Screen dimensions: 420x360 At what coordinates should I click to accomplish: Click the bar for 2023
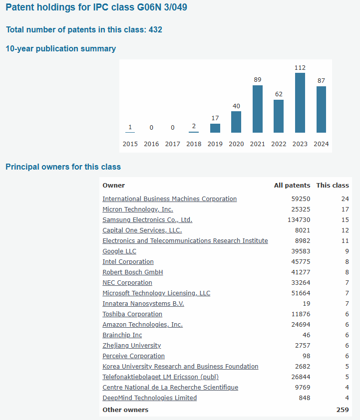point(300,103)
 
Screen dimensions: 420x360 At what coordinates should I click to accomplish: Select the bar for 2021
point(258,109)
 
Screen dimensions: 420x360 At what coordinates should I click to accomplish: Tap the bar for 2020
point(236,122)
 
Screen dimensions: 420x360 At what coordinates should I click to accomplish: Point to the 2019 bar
point(215,128)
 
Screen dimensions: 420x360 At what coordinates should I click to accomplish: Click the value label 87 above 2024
point(321,80)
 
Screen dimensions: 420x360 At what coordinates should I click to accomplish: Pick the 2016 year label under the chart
point(151,144)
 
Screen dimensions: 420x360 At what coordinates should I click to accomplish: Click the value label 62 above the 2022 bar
point(279,93)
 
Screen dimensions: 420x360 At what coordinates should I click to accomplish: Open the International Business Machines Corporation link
point(170,199)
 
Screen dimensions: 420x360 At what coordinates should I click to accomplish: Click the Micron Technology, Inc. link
point(138,209)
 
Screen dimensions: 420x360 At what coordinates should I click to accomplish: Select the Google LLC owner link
point(119,251)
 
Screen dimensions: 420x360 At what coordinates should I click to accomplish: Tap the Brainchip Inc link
point(122,335)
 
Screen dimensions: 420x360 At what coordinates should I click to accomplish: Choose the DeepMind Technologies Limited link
point(150,398)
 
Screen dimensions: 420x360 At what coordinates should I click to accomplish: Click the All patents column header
point(292,185)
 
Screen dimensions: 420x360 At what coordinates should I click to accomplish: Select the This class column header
point(333,185)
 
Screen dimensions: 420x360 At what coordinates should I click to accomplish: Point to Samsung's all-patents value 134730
point(298,219)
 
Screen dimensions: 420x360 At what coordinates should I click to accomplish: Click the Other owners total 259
point(343,410)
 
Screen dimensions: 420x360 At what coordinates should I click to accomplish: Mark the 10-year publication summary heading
point(60,49)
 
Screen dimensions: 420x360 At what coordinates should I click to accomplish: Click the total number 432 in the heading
point(155,30)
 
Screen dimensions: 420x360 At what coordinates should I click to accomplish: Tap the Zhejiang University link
point(132,345)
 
